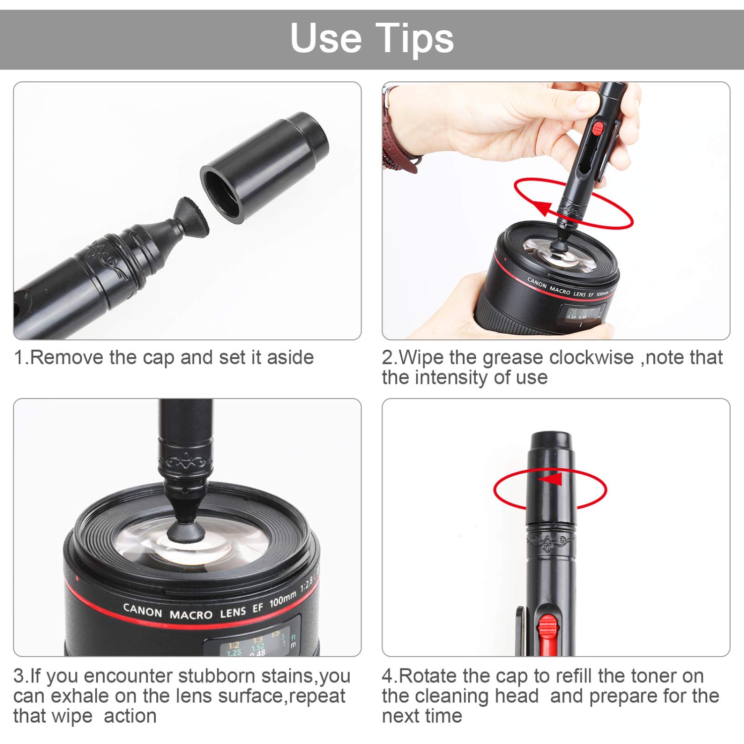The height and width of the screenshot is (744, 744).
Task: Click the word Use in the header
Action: (326, 38)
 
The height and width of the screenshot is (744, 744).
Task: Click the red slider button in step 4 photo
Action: (547, 627)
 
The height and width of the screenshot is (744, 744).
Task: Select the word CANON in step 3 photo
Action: (142, 611)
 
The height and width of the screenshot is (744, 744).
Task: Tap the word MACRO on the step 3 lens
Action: (191, 615)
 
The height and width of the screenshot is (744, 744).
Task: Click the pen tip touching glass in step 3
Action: (186, 531)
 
